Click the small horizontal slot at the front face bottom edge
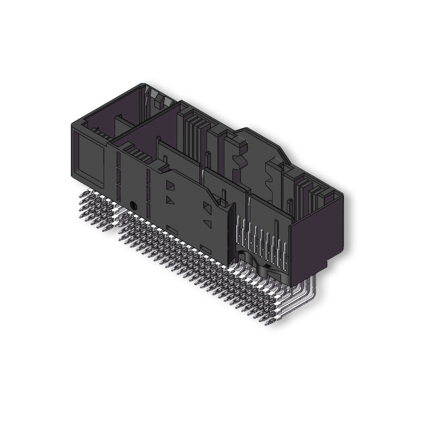pyautogui.click(x=205, y=247)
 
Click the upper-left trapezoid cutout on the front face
pyautogui.click(x=171, y=187)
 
